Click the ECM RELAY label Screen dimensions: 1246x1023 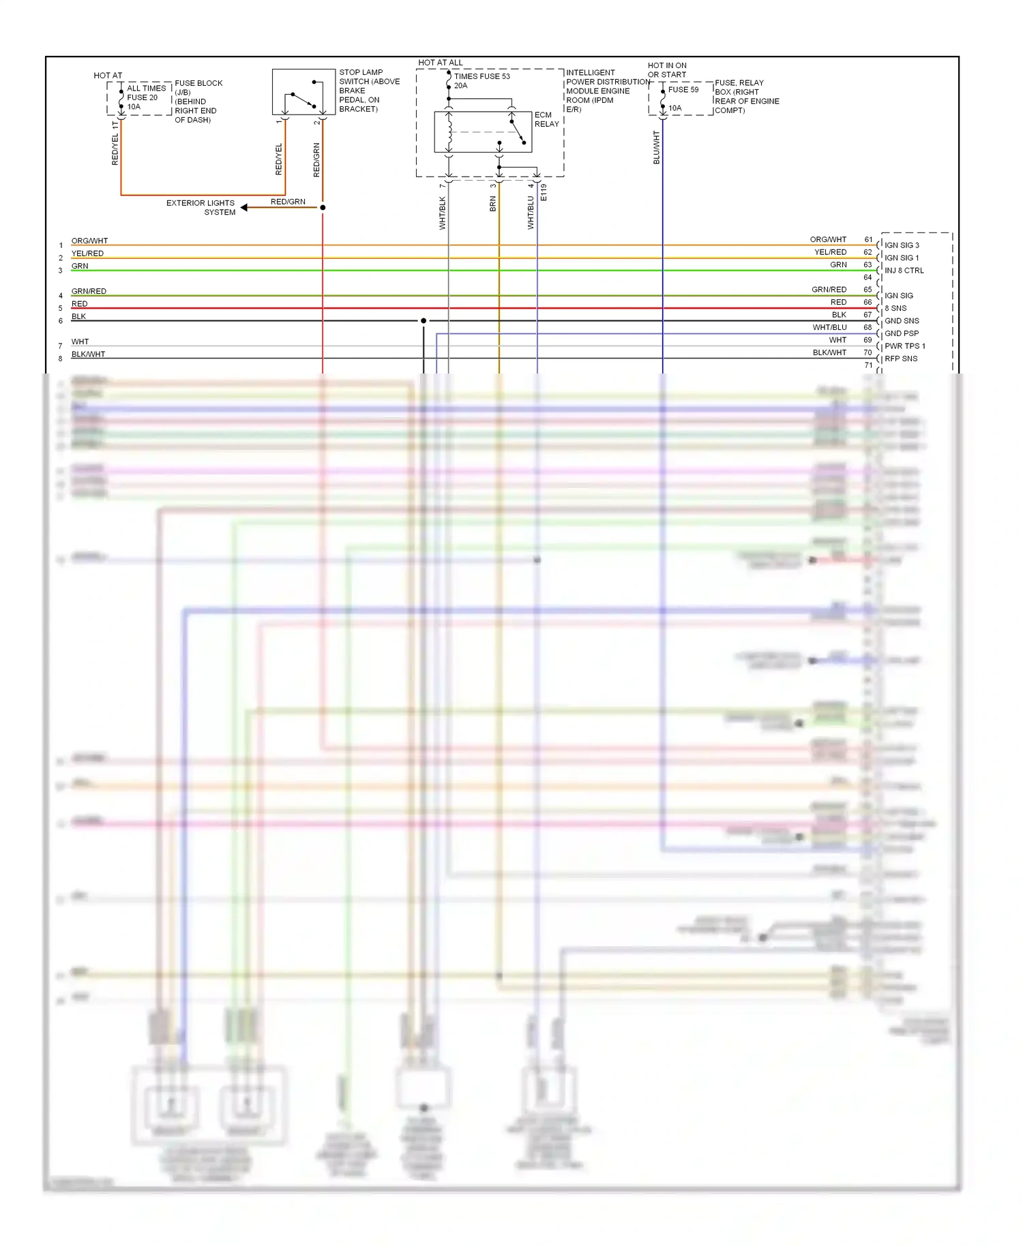(x=546, y=119)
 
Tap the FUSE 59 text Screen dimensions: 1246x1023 (x=683, y=89)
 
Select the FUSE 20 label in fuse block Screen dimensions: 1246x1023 (x=142, y=97)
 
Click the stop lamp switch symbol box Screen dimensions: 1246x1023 (x=303, y=92)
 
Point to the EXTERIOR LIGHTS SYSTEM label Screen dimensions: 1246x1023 (x=201, y=207)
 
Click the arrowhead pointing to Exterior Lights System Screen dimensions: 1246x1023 (x=244, y=207)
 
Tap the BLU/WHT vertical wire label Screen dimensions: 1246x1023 (x=657, y=147)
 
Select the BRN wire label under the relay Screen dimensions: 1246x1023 (x=493, y=204)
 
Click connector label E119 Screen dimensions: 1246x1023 (x=544, y=192)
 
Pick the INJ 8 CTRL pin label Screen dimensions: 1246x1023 (x=904, y=271)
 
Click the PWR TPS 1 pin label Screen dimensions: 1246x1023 (x=904, y=346)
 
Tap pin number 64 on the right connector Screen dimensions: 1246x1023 (x=868, y=277)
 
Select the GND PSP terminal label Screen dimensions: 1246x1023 (x=901, y=333)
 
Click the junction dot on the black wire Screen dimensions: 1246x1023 (x=424, y=320)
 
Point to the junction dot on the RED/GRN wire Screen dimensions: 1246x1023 (x=323, y=207)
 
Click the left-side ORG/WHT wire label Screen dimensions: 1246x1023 (x=89, y=241)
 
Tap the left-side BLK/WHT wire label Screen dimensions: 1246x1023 (x=88, y=354)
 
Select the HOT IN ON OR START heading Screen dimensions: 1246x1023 (x=667, y=70)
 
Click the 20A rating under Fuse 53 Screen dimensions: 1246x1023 (x=460, y=86)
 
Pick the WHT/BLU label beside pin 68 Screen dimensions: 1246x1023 (x=829, y=327)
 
